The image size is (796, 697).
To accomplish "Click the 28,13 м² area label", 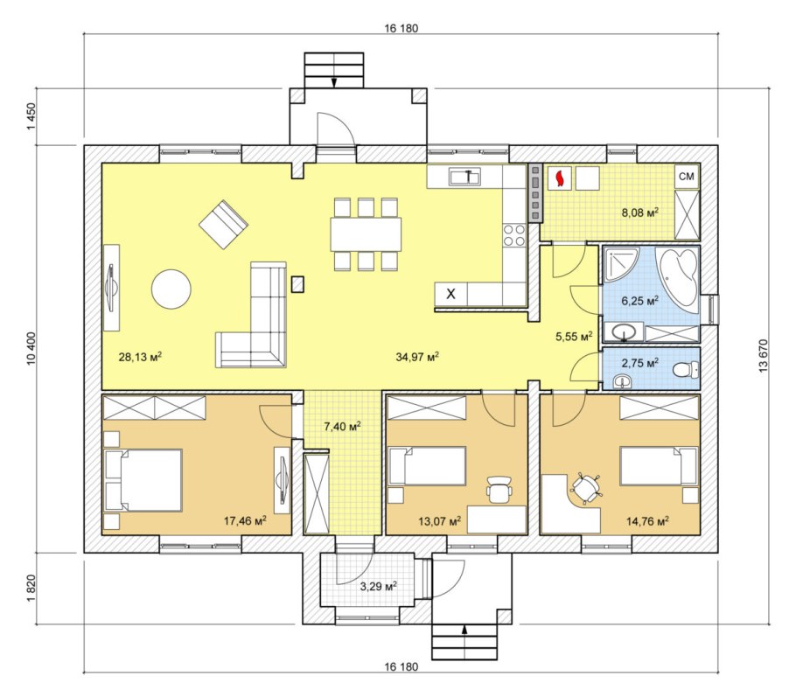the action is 140,356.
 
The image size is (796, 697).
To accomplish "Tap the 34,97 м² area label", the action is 417,356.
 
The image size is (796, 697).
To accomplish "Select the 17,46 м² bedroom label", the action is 245,520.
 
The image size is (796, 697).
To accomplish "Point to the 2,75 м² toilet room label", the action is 640,362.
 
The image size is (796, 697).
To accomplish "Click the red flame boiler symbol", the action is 560,178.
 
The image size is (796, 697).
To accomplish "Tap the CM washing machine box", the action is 687,176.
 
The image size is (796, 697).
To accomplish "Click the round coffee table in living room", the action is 171,289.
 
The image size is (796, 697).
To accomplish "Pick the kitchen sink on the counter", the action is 464,177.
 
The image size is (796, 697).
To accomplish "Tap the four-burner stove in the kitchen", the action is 513,235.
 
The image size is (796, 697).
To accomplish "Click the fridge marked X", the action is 450,294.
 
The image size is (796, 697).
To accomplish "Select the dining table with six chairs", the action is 366,234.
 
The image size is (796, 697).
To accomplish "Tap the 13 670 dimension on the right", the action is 764,356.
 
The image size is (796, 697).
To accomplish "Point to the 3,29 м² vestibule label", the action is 378,587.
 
